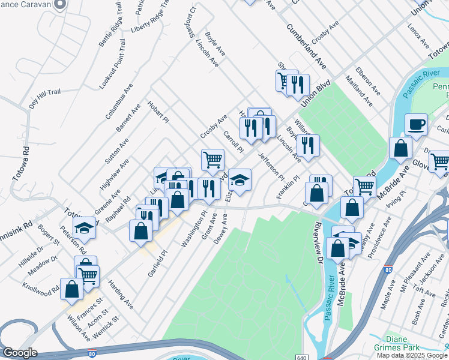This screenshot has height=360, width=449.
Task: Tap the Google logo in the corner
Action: (x=19, y=353)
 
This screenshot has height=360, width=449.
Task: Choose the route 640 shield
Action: (x=301, y=356)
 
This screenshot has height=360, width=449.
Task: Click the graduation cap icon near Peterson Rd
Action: (x=84, y=227)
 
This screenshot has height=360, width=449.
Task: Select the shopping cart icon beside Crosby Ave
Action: (x=212, y=160)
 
